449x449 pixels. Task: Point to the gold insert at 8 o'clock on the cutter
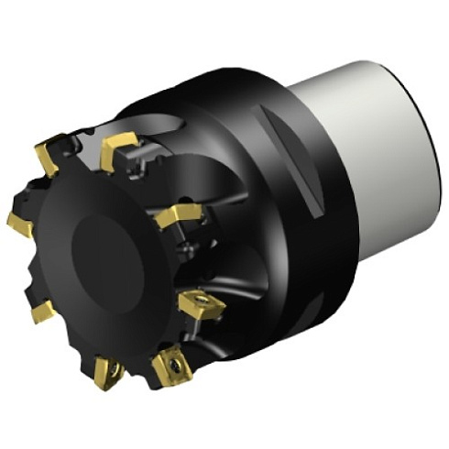pos(41,312)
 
